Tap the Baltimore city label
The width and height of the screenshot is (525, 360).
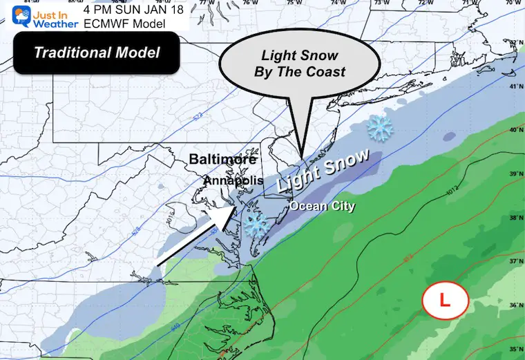pyautogui.click(x=225, y=160)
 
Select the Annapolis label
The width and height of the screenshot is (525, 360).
pyautogui.click(x=233, y=180)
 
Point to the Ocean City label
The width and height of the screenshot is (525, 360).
pyautogui.click(x=321, y=206)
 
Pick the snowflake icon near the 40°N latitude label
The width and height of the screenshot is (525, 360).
pyautogui.click(x=379, y=126)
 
